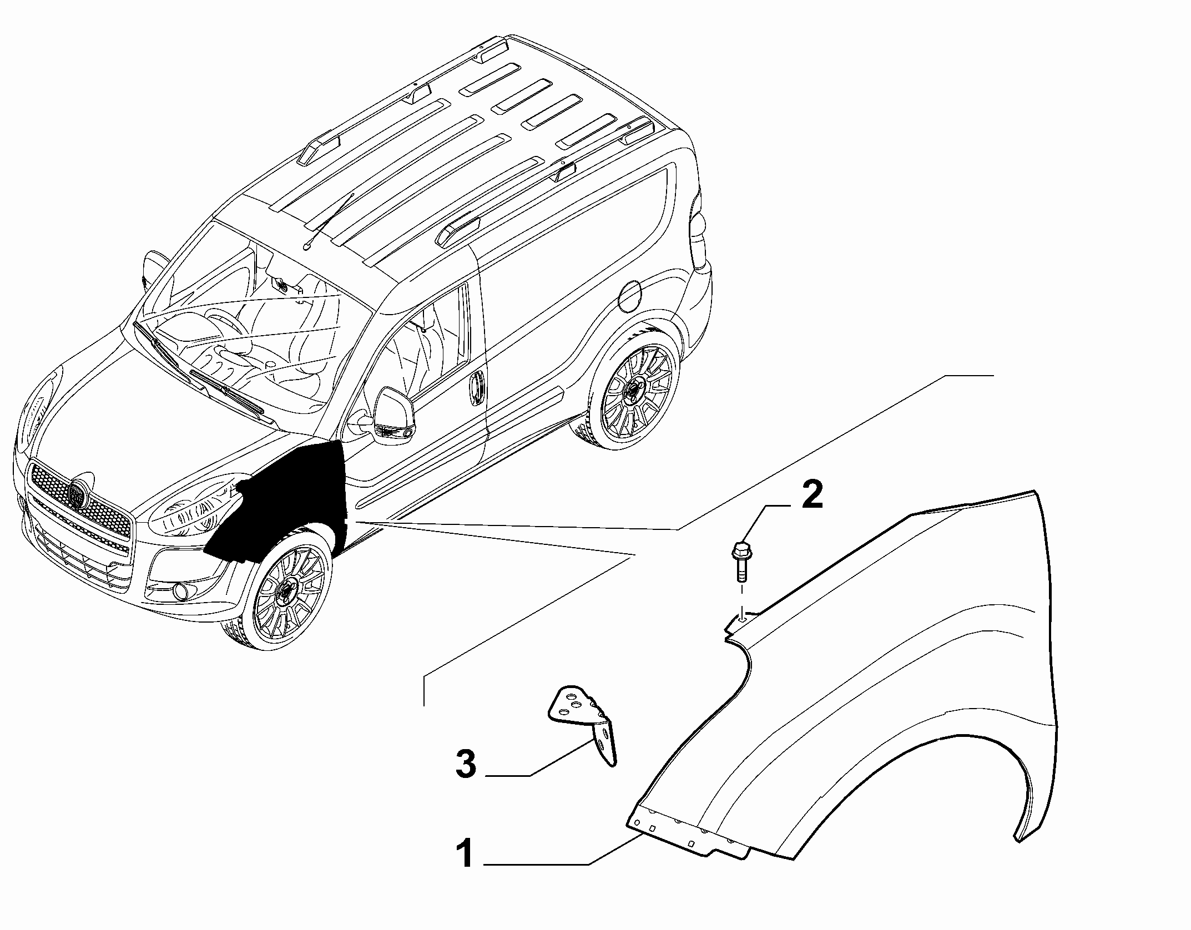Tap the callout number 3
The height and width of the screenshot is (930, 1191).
click(465, 764)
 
